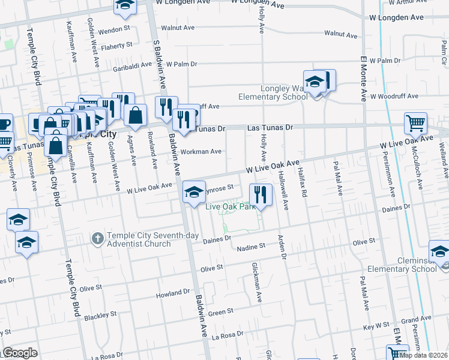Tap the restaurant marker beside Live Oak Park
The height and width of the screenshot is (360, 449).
click(261, 194)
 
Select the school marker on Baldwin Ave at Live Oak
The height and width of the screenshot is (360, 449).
click(193, 192)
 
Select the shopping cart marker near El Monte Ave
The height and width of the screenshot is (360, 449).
click(415, 124)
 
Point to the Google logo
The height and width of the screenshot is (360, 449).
click(20, 353)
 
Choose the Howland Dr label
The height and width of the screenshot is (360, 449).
click(173, 294)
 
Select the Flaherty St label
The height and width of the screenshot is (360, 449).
click(116, 46)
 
